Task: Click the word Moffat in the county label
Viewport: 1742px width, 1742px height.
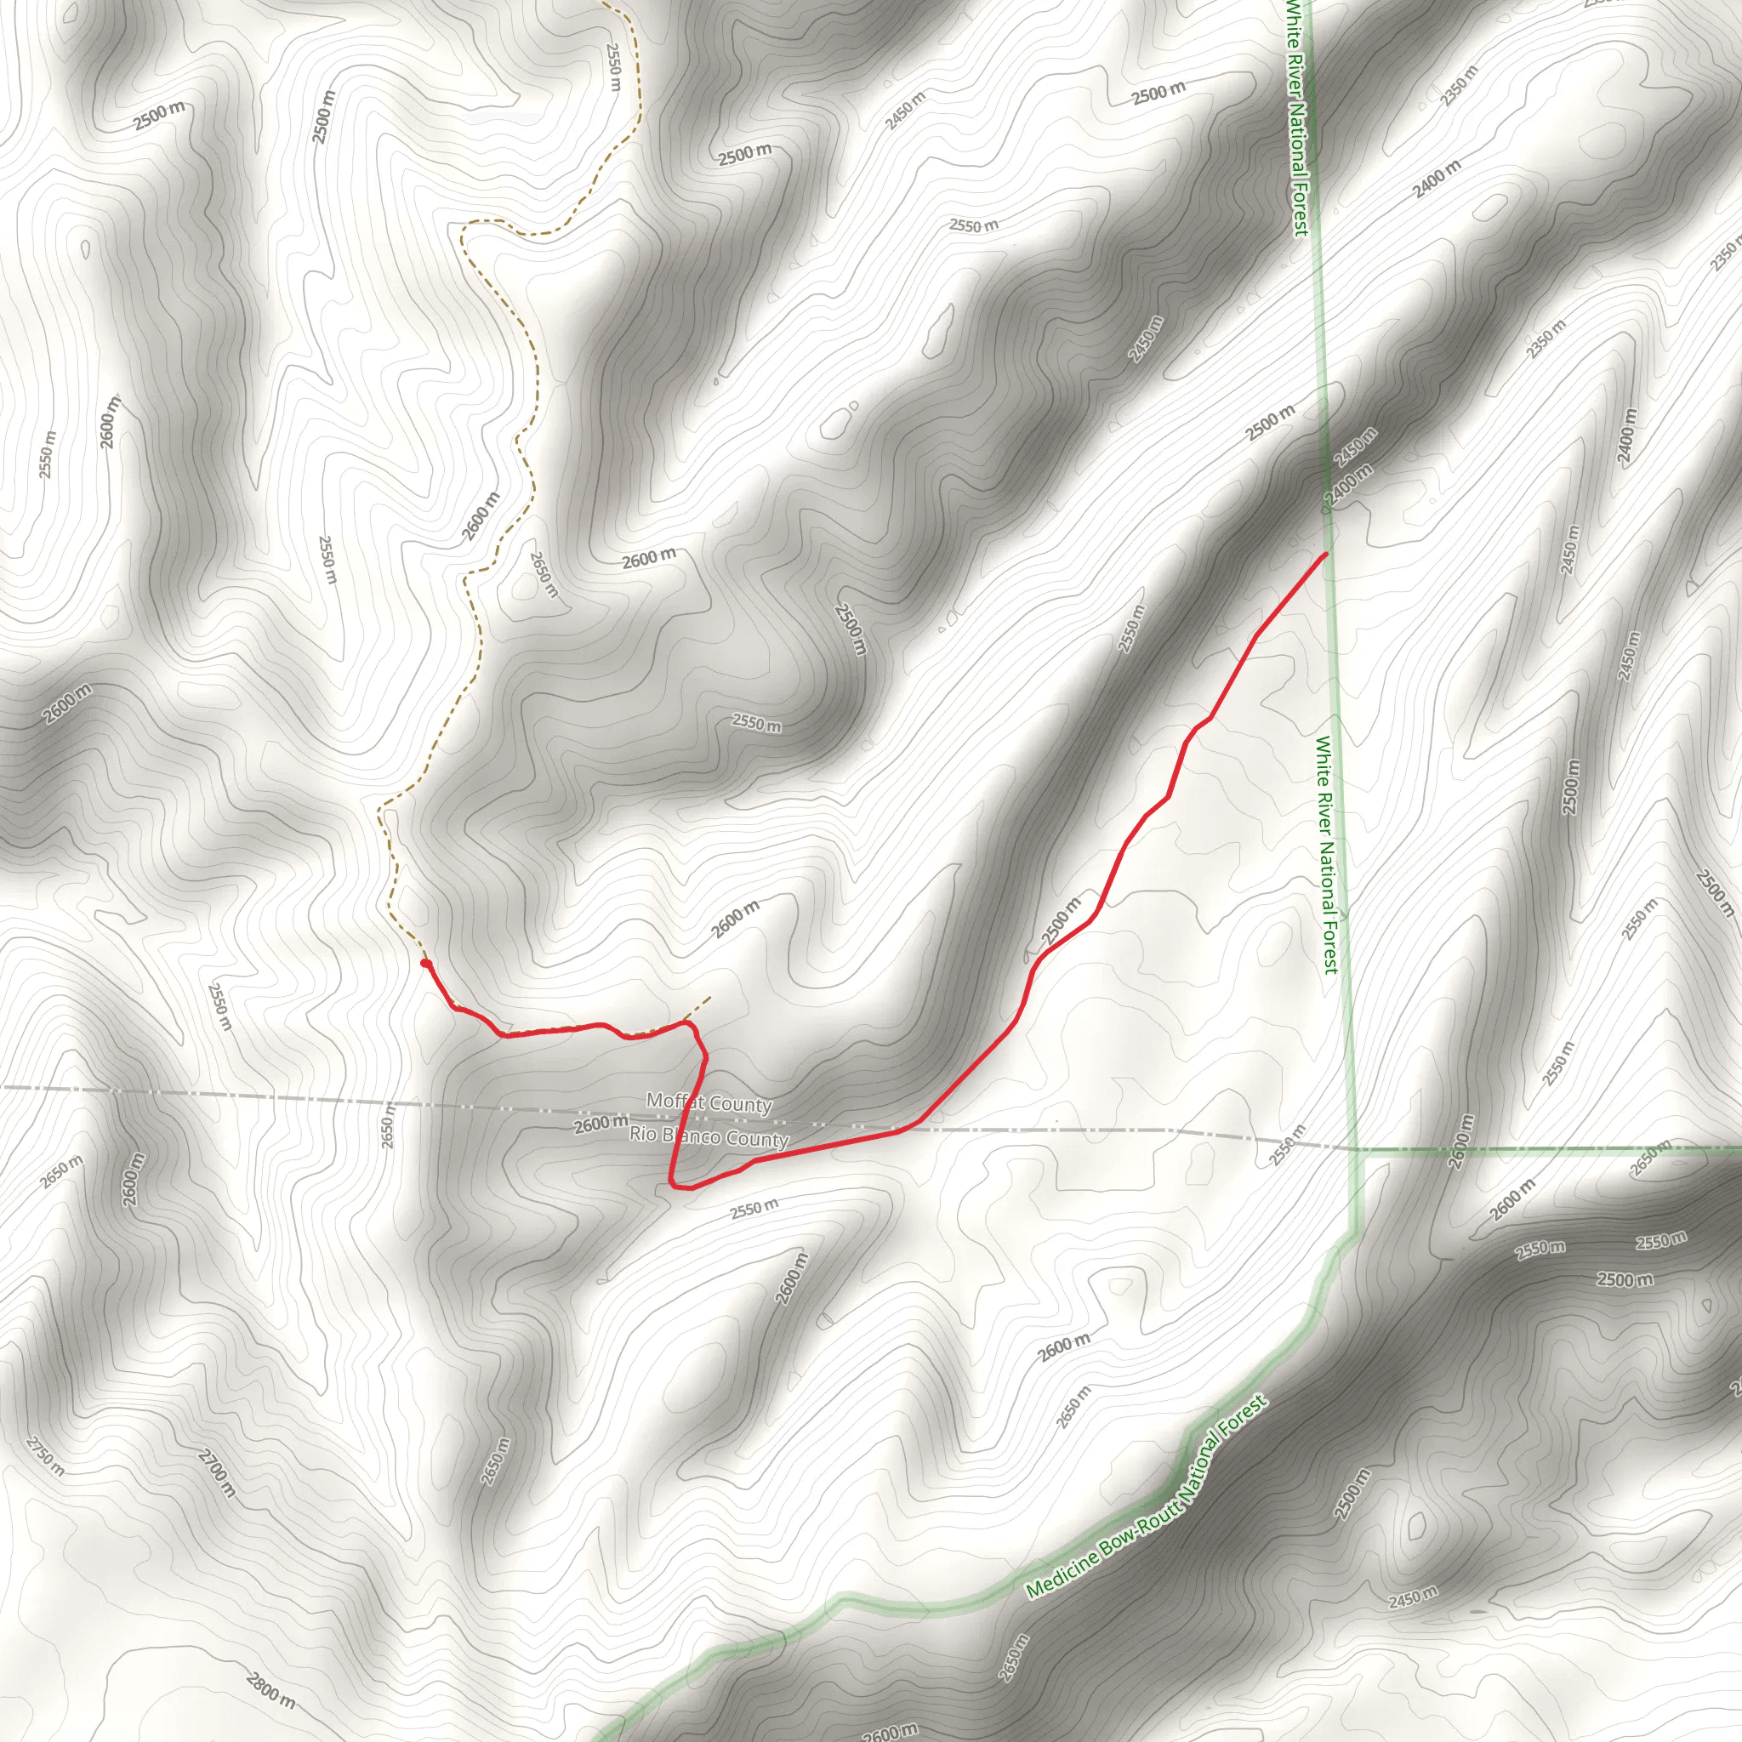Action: [x=671, y=1100]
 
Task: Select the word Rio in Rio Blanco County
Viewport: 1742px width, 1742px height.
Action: [x=644, y=1132]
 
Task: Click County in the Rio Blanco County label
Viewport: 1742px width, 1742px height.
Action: [x=758, y=1140]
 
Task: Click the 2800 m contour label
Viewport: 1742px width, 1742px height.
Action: [x=270, y=1691]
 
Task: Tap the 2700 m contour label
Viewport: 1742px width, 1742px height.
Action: [x=217, y=1472]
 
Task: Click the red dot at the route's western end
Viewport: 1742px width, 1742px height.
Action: [x=424, y=964]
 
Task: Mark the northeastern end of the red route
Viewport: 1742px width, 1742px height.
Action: [x=1325, y=554]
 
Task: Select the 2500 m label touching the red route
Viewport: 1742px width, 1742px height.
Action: [x=1062, y=921]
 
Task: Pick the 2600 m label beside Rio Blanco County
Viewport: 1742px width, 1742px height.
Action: [x=601, y=1124]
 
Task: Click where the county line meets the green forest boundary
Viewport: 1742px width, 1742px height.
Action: [x=1356, y=1150]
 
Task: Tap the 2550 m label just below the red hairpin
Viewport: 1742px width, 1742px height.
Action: [x=754, y=1208]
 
